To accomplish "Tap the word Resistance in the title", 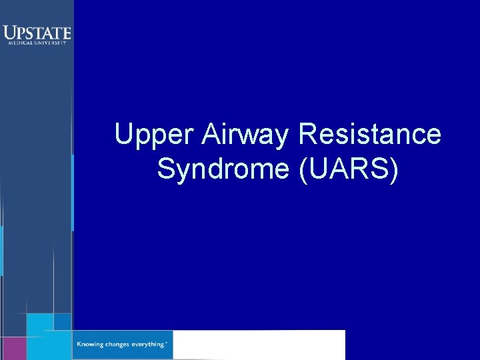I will [370, 135].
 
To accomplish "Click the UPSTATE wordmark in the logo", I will [37, 32].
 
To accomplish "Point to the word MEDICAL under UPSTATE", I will [18, 43].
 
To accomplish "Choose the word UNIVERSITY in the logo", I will [51, 43].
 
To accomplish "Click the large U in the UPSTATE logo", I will [9, 33].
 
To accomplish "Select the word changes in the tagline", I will [120, 344].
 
